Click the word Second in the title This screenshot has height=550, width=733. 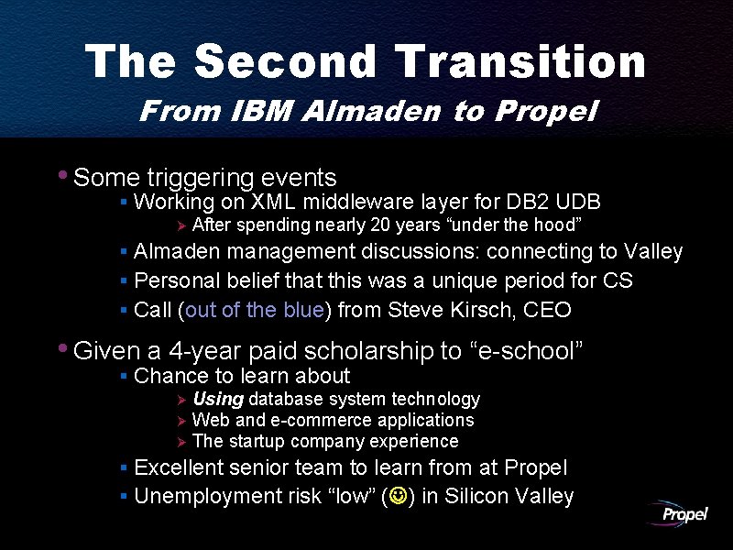tap(286, 62)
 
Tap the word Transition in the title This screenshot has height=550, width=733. tap(522, 62)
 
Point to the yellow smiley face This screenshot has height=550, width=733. tap(400, 498)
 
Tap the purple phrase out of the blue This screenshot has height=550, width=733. tap(255, 310)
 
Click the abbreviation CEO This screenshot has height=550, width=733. tap(547, 310)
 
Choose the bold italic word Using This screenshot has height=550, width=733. tap(218, 400)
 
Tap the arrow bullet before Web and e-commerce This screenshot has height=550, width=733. tap(181, 421)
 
